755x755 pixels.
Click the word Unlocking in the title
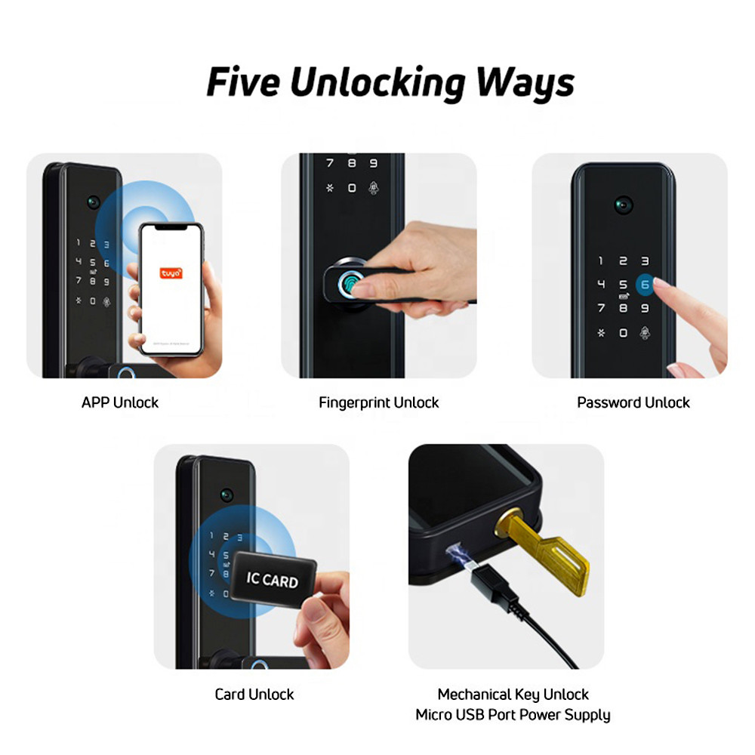[377, 82]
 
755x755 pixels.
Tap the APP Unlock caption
[120, 402]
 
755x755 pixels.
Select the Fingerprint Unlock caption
[378, 402]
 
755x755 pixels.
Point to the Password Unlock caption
[633, 402]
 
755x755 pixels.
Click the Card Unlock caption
[254, 694]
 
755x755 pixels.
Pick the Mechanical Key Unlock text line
[513, 694]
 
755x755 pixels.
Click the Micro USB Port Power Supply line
[513, 714]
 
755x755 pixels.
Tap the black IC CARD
[273, 580]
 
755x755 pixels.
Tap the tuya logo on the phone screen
[171, 273]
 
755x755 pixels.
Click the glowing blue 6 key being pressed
[645, 285]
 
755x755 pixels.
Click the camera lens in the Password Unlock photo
[624, 204]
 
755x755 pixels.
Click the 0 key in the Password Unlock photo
[623, 332]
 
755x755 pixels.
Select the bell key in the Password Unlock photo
[646, 332]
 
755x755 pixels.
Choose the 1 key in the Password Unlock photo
[601, 261]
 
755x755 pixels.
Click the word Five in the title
[242, 82]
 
